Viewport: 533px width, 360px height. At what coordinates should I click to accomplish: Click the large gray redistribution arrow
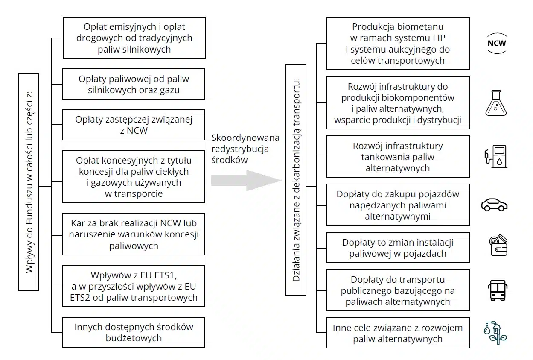point(245,181)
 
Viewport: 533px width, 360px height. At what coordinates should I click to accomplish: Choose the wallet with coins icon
point(498,246)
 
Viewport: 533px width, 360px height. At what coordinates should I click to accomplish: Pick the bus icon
point(498,290)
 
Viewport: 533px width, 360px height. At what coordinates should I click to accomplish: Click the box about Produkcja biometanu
point(398,44)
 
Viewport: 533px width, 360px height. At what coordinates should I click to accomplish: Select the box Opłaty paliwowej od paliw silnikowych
point(134,85)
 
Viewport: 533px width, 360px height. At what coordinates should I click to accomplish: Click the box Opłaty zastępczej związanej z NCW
point(134,125)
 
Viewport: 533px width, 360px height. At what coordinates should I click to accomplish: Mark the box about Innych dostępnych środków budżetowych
point(134,332)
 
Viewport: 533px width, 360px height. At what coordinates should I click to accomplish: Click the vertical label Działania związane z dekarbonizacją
point(296,180)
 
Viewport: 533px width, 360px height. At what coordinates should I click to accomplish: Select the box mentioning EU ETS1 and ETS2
point(134,286)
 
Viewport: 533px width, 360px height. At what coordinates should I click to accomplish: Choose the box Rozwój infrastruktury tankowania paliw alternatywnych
point(398,157)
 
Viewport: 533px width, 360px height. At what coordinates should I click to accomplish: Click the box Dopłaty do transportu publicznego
point(398,290)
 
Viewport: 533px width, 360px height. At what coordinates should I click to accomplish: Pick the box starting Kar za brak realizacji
point(134,234)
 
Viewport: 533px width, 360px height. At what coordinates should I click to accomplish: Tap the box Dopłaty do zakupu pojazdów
point(398,205)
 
